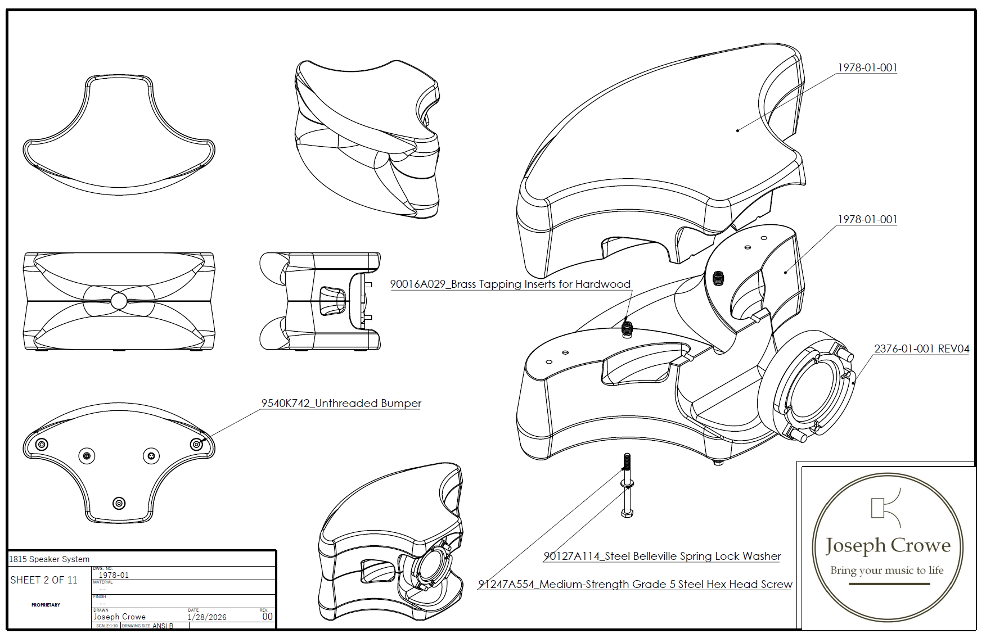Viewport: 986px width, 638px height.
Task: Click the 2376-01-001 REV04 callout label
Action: pyautogui.click(x=921, y=349)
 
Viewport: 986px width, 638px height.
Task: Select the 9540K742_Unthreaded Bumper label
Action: pyautogui.click(x=341, y=403)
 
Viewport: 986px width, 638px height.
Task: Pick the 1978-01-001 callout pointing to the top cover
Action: pyautogui.click(x=867, y=67)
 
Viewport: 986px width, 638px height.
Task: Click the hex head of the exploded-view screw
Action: pyautogui.click(x=628, y=513)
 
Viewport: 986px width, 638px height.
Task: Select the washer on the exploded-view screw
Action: pyautogui.click(x=628, y=483)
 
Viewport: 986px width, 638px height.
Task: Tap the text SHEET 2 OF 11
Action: pyautogui.click(x=44, y=580)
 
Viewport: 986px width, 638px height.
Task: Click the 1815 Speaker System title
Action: pyautogui.click(x=49, y=559)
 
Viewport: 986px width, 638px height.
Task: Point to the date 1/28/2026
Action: pyautogui.click(x=207, y=617)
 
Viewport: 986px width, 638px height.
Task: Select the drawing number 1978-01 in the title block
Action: pyautogui.click(x=114, y=575)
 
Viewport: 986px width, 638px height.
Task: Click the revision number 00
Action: pyautogui.click(x=268, y=617)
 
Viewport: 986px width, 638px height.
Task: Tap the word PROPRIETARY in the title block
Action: pyautogui.click(x=46, y=605)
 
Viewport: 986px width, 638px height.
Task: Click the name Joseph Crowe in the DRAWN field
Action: pyautogui.click(x=119, y=617)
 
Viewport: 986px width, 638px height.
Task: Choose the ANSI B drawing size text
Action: pyautogui.click(x=163, y=626)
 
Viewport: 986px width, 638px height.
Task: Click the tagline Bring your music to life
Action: pyautogui.click(x=887, y=571)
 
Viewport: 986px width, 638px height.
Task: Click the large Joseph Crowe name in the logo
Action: pyautogui.click(x=888, y=545)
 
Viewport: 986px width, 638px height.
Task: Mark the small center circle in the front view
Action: pyautogui.click(x=119, y=301)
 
